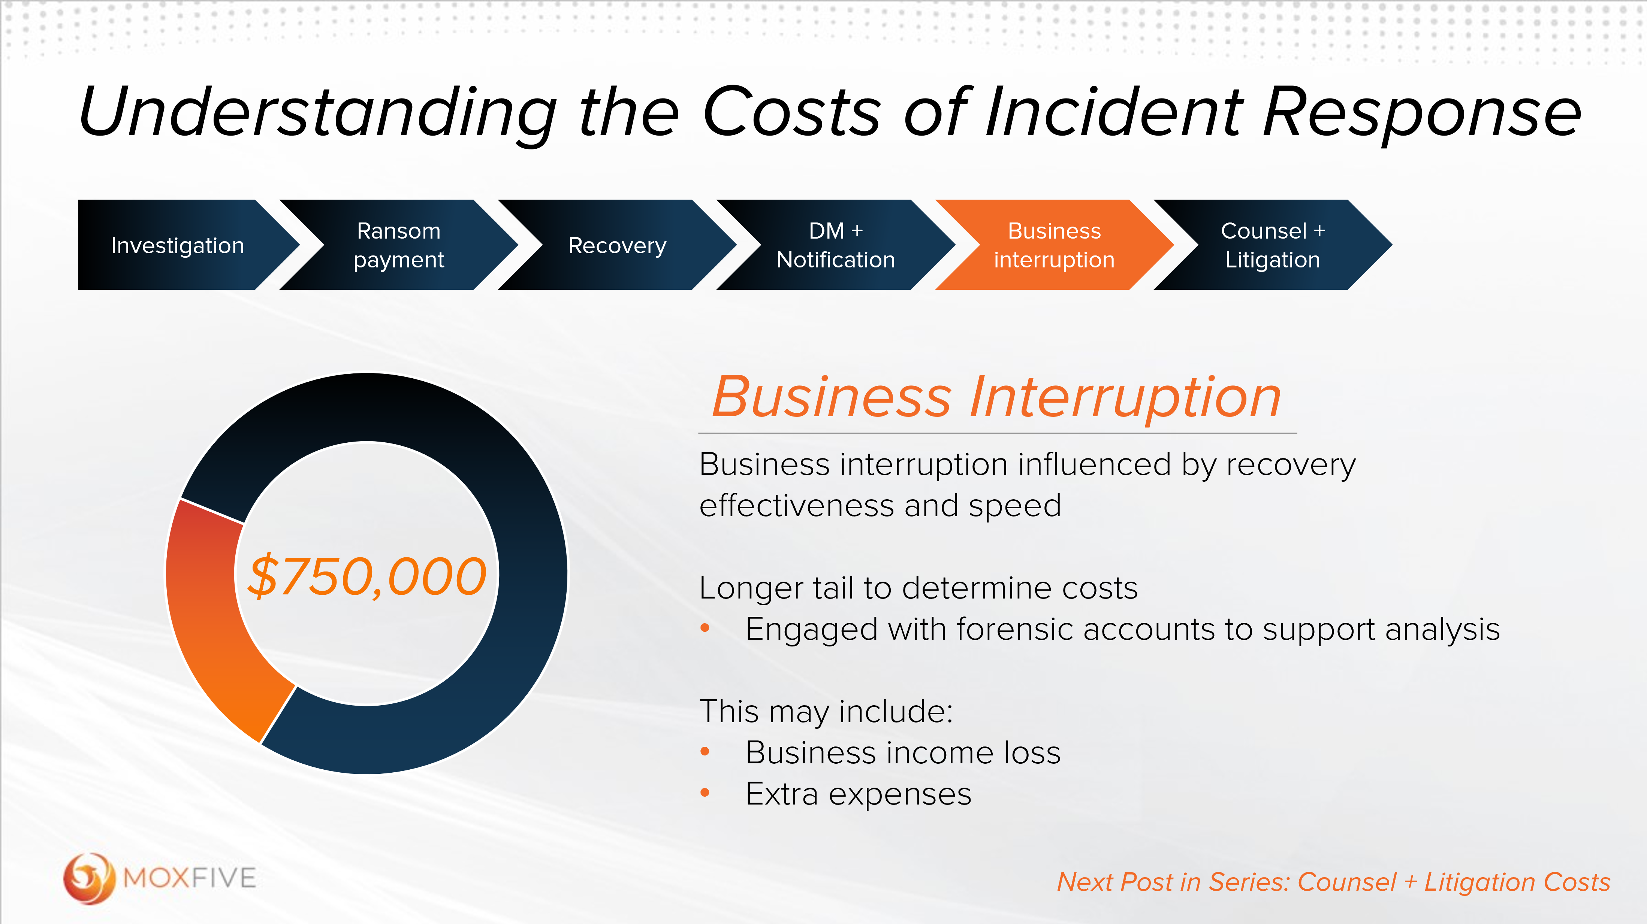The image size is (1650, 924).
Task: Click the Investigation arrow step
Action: point(177,245)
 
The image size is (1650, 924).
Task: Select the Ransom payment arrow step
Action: point(398,245)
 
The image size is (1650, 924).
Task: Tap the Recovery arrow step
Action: point(617,245)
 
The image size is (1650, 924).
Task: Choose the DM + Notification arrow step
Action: point(835,245)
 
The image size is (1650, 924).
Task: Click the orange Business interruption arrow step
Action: point(1054,245)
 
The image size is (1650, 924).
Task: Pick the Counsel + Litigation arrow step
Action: point(1272,245)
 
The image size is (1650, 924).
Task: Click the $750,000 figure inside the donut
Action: point(367,576)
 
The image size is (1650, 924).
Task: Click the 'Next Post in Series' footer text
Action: point(1332,882)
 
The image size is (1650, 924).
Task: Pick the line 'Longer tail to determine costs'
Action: point(918,588)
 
